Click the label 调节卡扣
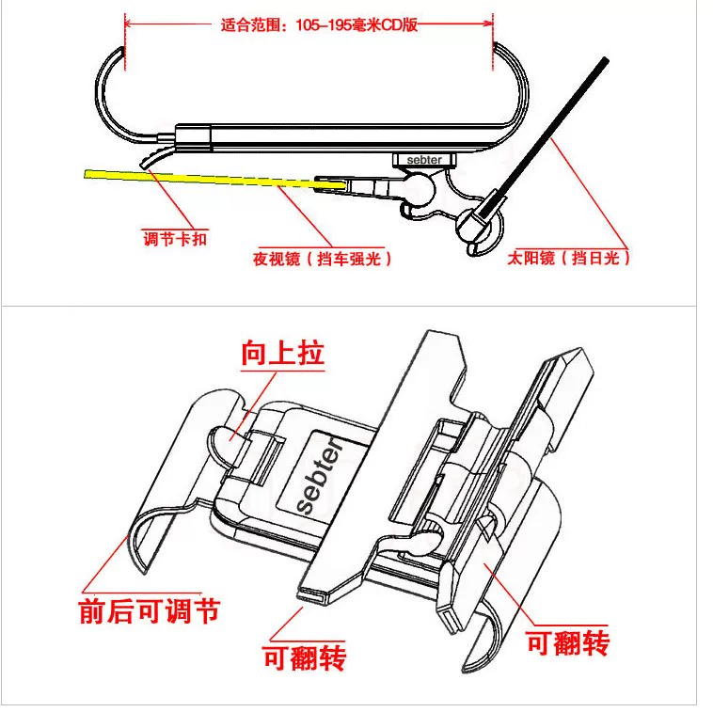(174, 239)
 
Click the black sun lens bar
(555, 132)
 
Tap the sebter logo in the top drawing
(424, 160)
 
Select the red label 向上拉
(281, 354)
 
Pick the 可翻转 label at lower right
(567, 642)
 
